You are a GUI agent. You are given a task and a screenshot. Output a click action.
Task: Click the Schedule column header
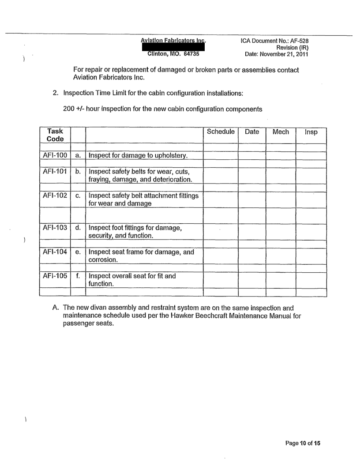[221, 132]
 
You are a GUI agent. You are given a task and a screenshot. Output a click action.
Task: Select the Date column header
[252, 132]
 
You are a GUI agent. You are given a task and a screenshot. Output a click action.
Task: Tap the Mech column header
[281, 132]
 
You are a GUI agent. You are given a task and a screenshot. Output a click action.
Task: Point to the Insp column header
[311, 132]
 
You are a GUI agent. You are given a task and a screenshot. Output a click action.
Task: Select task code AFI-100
[55, 155]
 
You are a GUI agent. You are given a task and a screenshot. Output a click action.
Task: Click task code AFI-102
[55, 195]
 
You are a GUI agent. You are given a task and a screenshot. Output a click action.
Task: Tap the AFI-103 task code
[55, 228]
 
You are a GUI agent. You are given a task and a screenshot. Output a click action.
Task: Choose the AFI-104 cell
[55, 252]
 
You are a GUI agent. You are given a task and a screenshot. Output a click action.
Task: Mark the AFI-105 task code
[55, 276]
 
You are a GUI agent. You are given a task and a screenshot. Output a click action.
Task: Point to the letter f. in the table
[77, 276]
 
